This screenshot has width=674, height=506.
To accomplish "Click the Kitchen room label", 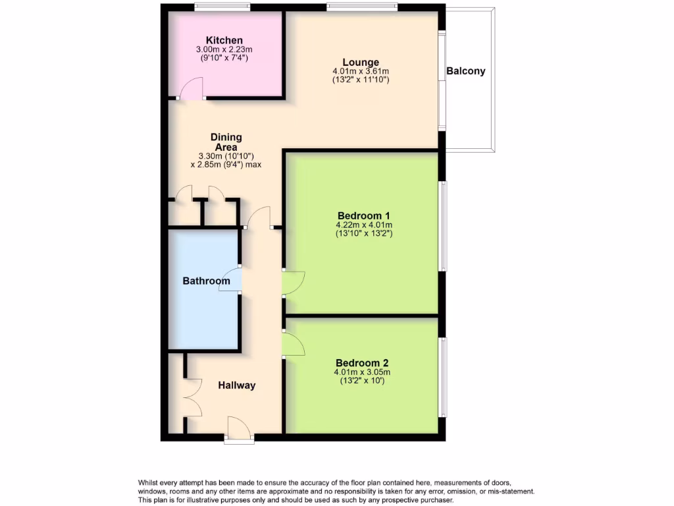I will (224, 40).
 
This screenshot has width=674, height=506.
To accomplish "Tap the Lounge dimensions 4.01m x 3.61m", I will (360, 71).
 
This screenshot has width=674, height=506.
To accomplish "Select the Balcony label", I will (465, 71).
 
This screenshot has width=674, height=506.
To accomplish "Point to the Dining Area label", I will (226, 142).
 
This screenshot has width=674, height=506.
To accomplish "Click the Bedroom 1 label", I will (364, 215).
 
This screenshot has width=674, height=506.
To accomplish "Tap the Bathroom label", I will (206, 281).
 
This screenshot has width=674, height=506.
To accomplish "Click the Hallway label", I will (236, 385).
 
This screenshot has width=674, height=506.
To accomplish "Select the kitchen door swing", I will (192, 88).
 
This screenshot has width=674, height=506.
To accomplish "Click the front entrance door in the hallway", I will (239, 428).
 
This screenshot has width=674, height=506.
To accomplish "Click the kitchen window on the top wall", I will (222, 7).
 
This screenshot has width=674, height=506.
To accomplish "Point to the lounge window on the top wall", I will (361, 7).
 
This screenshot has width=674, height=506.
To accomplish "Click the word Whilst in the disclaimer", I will (151, 483).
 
